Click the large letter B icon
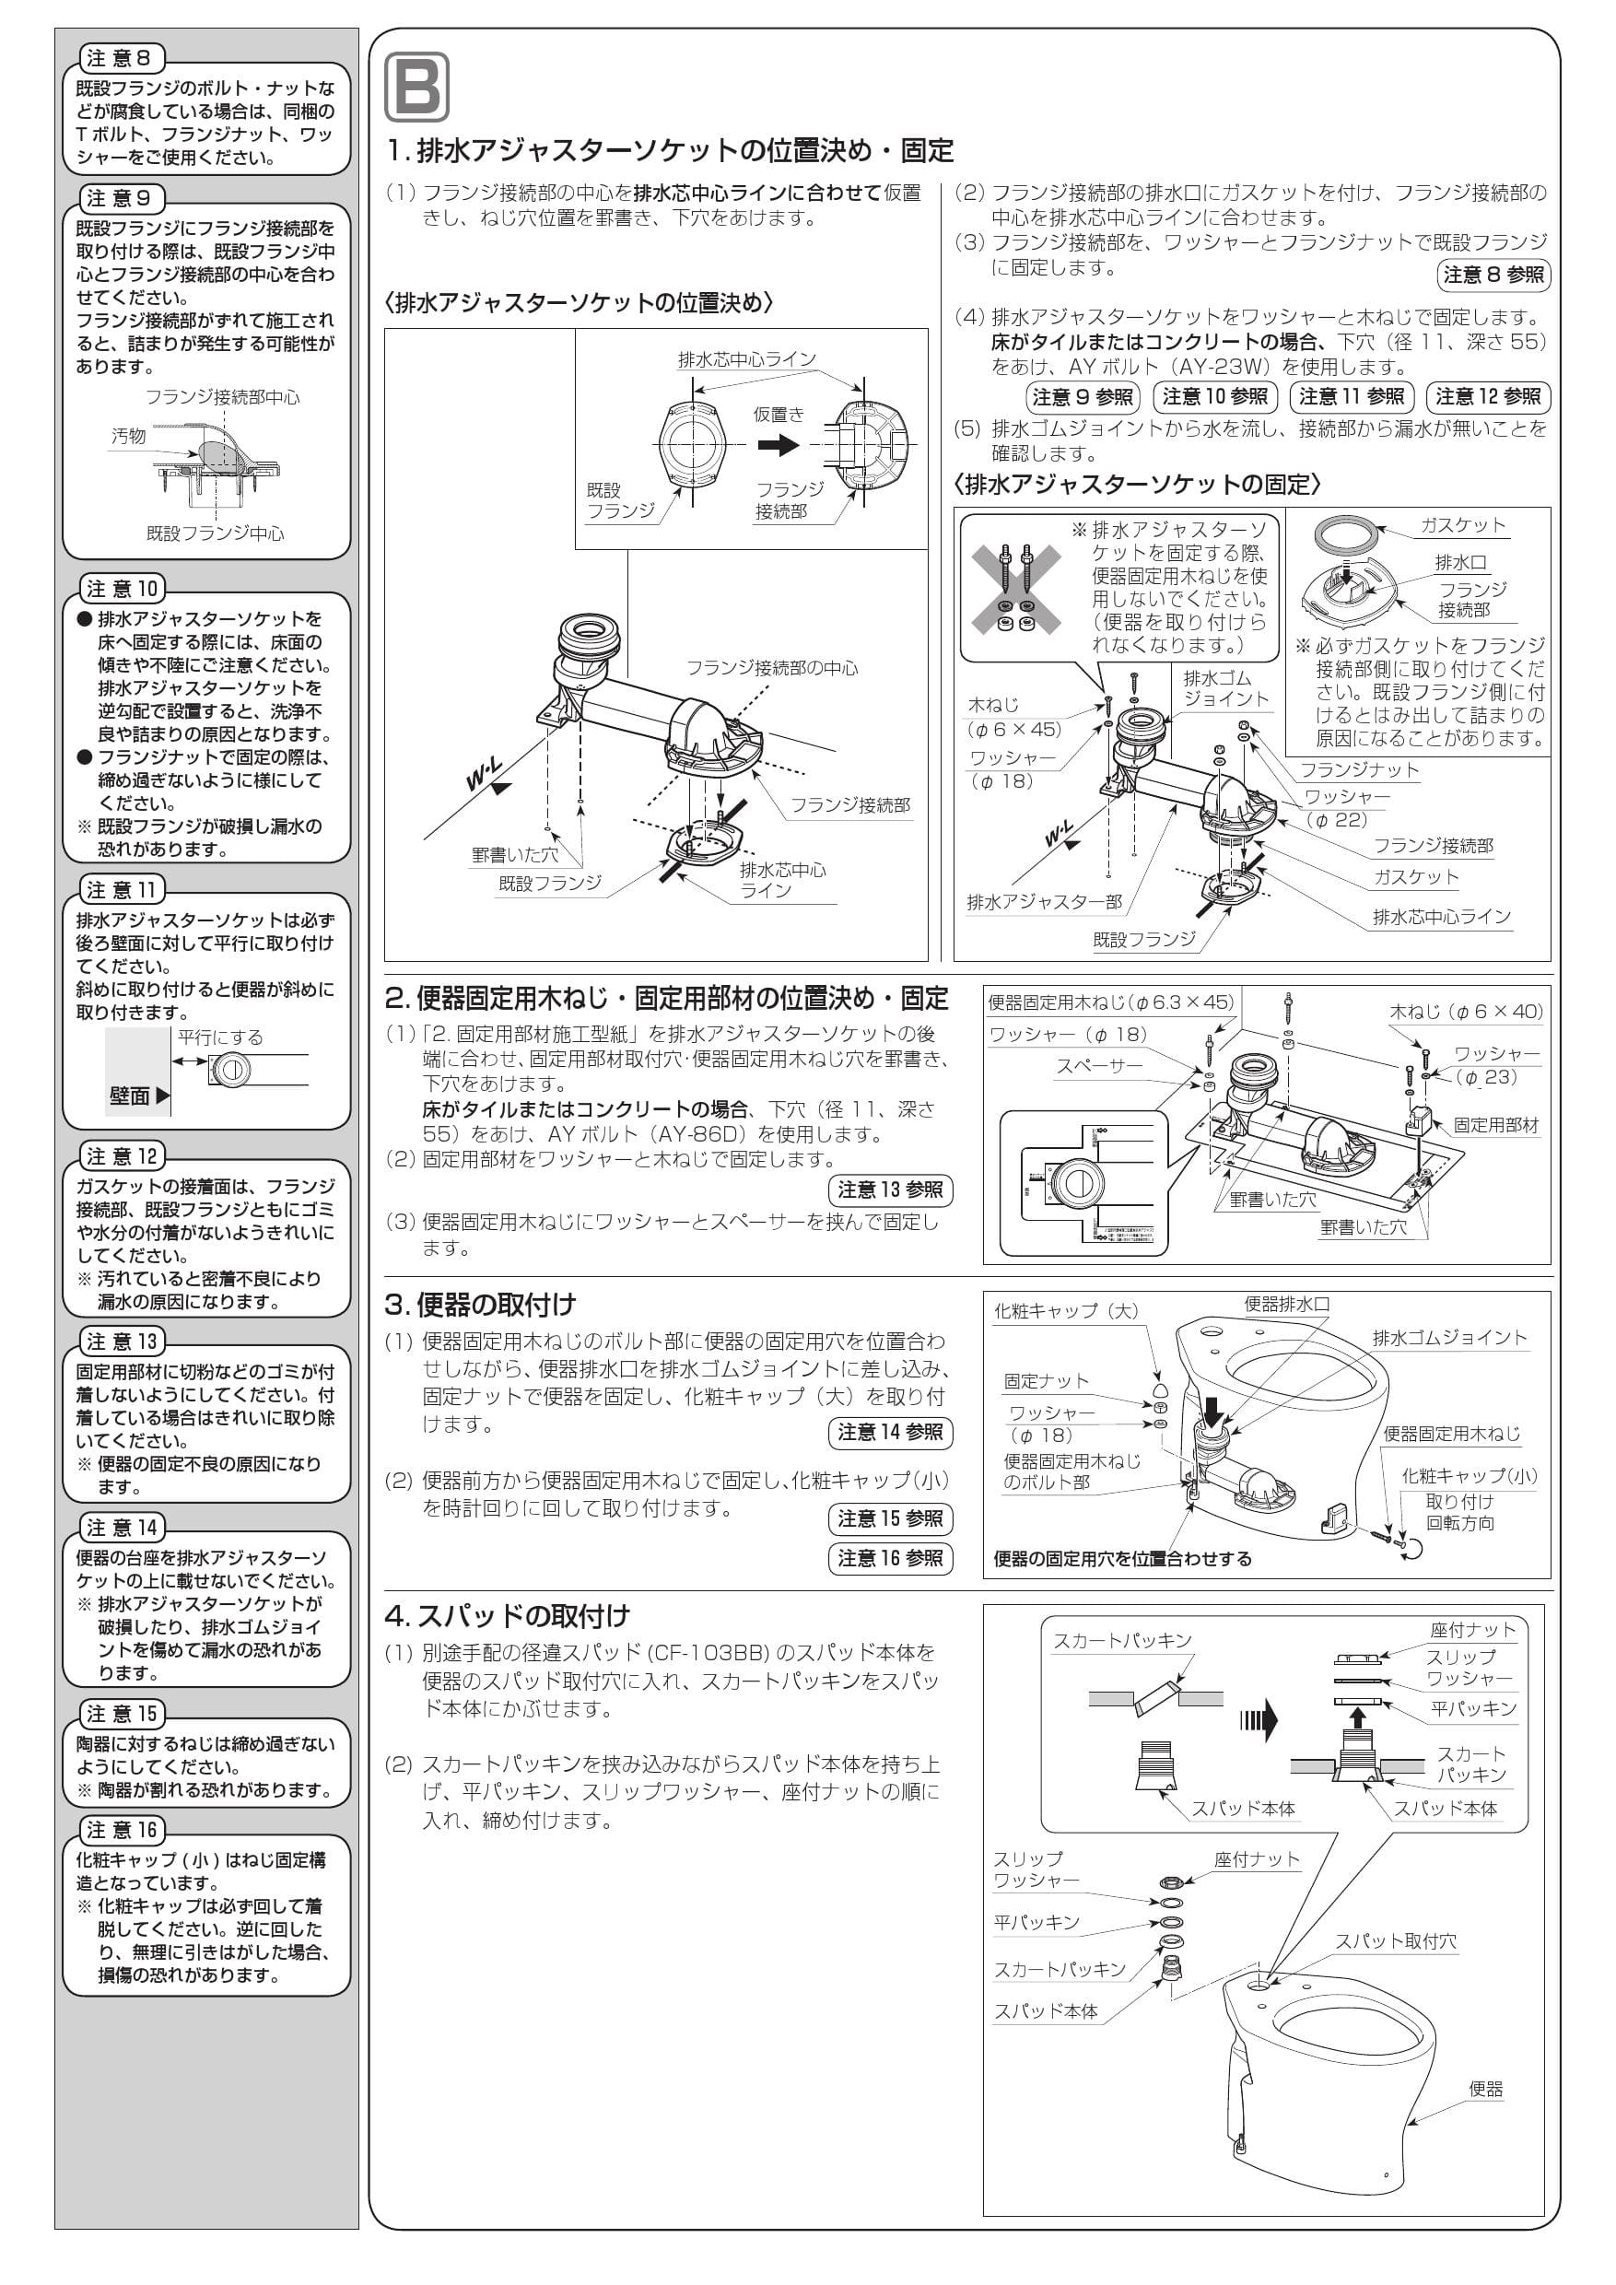(416, 88)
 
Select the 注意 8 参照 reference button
(1493, 275)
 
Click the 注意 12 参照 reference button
(1488, 397)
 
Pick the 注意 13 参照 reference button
(890, 1189)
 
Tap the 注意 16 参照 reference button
(890, 1557)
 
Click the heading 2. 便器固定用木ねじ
(666, 998)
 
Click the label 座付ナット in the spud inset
(1472, 1630)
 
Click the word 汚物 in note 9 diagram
(128, 436)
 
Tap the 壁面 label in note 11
(129, 1095)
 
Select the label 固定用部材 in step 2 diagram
(1495, 1126)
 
